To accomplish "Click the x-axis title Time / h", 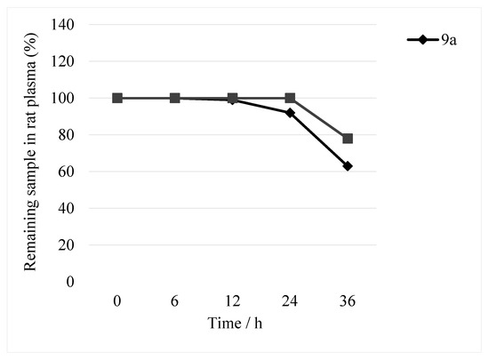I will click(x=232, y=322).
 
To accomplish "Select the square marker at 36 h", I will click(x=348, y=139).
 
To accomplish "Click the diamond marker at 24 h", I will click(x=290, y=113).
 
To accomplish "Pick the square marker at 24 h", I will click(x=290, y=98).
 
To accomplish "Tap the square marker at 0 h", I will click(x=117, y=98).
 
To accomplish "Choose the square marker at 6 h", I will click(x=174, y=98).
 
